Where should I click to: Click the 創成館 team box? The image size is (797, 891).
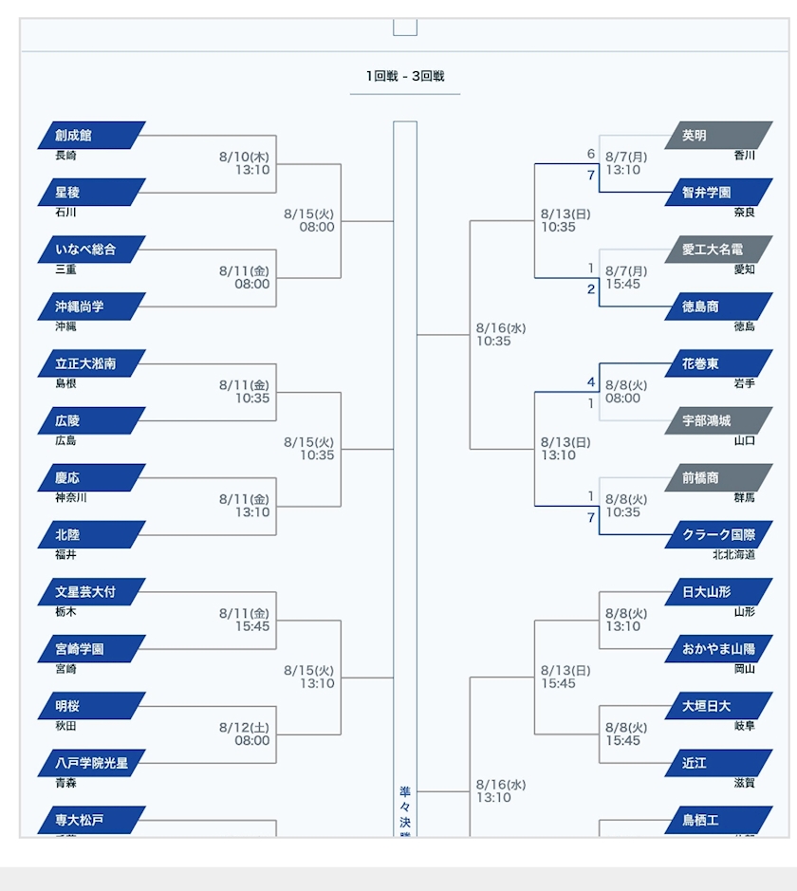(x=92, y=136)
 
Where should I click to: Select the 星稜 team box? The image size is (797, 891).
(x=92, y=193)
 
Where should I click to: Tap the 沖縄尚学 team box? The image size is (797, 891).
(x=92, y=306)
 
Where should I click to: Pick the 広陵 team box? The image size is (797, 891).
(x=92, y=420)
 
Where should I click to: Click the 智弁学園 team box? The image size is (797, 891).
(x=718, y=193)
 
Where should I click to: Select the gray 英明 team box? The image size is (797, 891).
(x=718, y=136)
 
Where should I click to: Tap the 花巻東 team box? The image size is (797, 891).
(x=718, y=363)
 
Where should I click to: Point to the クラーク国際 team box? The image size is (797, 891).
(x=718, y=535)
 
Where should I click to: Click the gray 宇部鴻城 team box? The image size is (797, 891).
(x=718, y=420)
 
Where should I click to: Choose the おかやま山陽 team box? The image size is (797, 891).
(x=718, y=649)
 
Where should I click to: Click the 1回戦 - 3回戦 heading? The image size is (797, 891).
(x=405, y=76)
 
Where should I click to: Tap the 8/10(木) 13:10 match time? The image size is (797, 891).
(x=245, y=163)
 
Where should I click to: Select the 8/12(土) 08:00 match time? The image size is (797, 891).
(x=245, y=733)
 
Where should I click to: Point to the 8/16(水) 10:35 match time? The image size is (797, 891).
(x=501, y=335)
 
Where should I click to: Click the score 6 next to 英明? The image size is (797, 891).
(x=590, y=155)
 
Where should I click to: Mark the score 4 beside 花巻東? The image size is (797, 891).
(x=590, y=382)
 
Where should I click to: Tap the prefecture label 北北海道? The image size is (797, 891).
(x=734, y=555)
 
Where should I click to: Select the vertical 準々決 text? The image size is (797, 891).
(x=405, y=811)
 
